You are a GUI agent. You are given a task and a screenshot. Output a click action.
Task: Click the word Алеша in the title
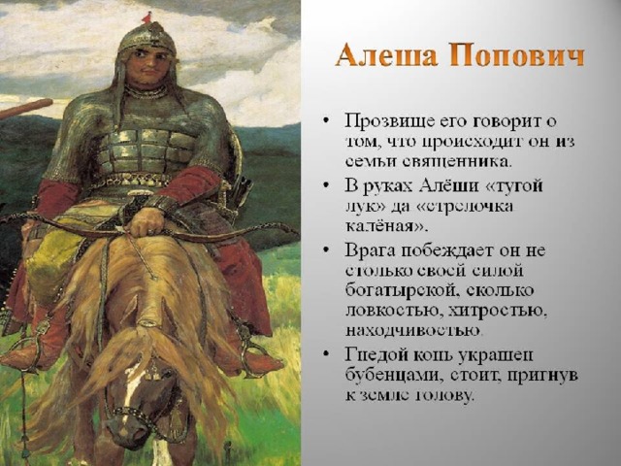[386, 55]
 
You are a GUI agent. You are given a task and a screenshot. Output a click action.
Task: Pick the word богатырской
[399, 291]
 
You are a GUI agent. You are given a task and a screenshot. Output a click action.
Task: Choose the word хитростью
[498, 311]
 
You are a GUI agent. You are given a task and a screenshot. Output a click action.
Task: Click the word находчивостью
[413, 330]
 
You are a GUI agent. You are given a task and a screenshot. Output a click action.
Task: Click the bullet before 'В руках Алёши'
[326, 185]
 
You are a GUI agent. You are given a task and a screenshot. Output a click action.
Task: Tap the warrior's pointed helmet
[147, 38]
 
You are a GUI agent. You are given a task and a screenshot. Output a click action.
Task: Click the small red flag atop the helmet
[147, 16]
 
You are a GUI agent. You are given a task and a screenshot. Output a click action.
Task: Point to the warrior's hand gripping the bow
[147, 222]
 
